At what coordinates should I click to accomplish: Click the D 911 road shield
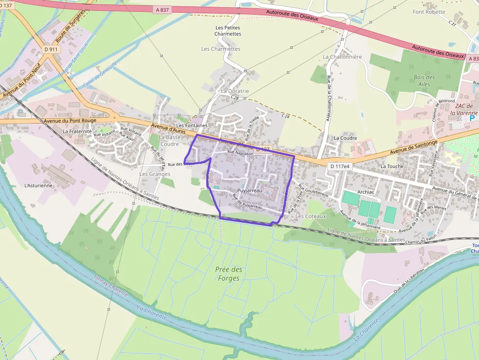[x=50, y=49]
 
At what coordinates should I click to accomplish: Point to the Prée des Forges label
[x=229, y=274]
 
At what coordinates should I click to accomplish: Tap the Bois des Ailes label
[x=424, y=81]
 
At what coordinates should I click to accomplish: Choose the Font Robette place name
[x=429, y=12]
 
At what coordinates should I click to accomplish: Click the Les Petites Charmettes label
[x=228, y=31]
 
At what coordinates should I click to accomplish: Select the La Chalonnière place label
[x=342, y=57]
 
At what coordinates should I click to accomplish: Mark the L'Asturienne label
[x=38, y=186]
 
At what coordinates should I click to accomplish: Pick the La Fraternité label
[x=77, y=131]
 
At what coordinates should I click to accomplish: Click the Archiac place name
[x=366, y=192]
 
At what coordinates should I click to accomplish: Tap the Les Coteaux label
[x=310, y=216]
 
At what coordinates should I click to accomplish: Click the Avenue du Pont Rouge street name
[x=70, y=120]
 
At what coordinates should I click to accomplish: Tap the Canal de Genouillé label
[x=100, y=76]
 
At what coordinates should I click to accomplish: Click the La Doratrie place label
[x=235, y=91]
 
